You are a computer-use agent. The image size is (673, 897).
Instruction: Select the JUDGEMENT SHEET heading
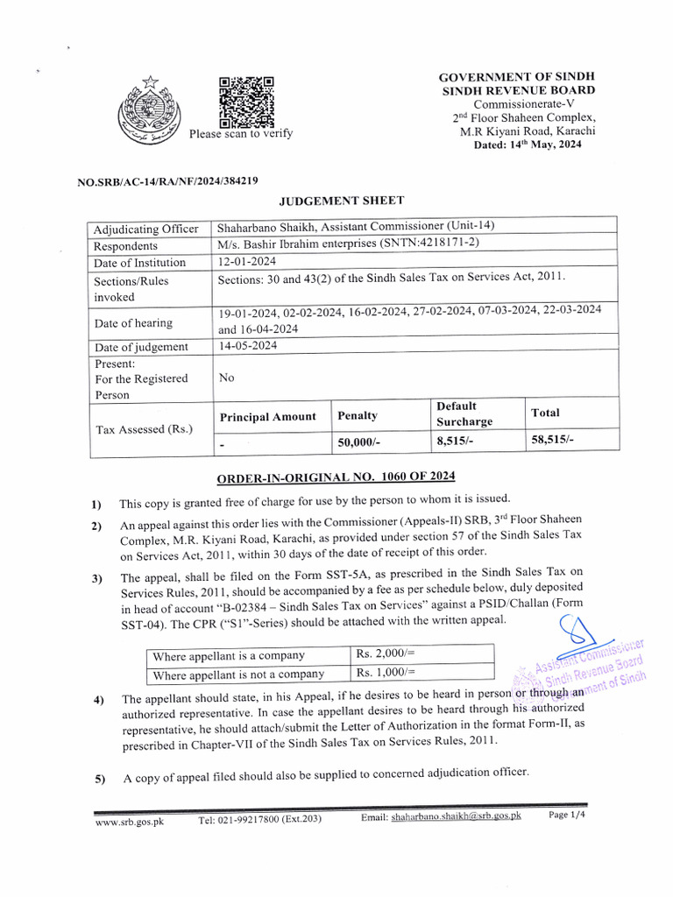tap(341, 201)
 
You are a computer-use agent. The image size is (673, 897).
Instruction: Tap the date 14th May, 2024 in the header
tap(521, 145)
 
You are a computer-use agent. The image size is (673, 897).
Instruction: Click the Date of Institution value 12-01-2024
tap(247, 263)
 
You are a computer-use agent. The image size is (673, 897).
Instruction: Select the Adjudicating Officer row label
tap(146, 230)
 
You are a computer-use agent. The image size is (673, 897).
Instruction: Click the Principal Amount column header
tap(267, 416)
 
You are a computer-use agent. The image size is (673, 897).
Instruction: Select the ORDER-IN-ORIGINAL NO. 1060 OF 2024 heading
tap(336, 476)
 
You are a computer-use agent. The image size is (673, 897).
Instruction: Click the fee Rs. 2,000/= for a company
tap(386, 654)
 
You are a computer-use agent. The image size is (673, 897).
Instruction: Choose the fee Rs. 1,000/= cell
tap(386, 673)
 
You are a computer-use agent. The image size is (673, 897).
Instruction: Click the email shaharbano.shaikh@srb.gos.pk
tap(456, 816)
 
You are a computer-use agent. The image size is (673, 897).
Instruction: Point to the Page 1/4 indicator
tap(566, 816)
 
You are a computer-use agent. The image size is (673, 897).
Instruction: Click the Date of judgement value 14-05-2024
tap(247, 346)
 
